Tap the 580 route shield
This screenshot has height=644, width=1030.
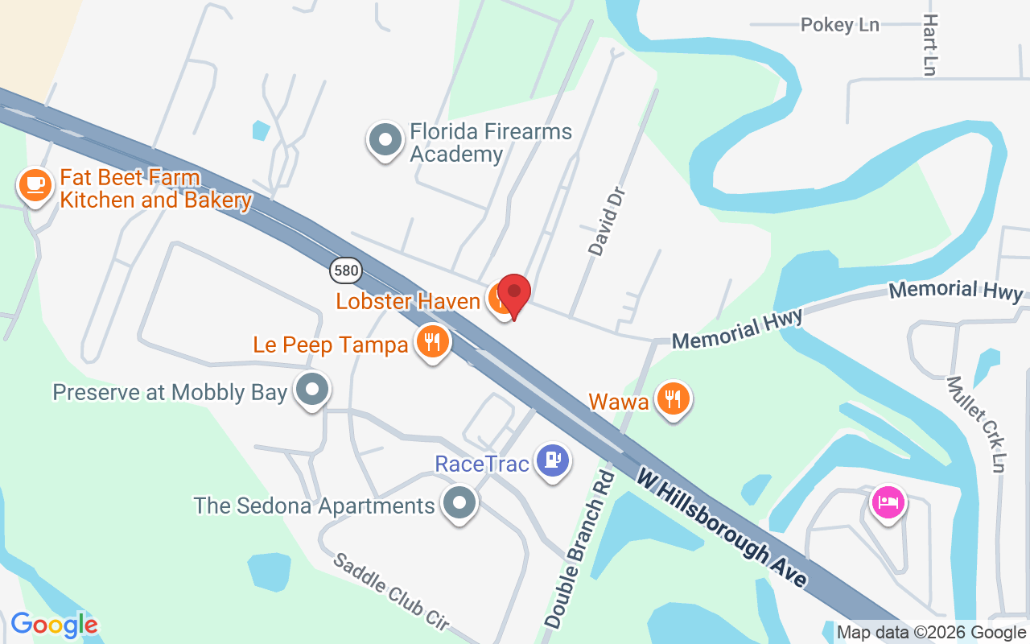pyautogui.click(x=345, y=270)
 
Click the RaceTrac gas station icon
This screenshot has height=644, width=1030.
pyautogui.click(x=553, y=461)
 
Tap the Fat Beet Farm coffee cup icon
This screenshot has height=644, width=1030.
pyautogui.click(x=35, y=185)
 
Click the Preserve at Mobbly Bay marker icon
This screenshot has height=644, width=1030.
pyautogui.click(x=312, y=390)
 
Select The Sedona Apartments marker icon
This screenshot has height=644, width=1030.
pyautogui.click(x=459, y=504)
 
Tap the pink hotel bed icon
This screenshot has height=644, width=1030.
pyautogui.click(x=888, y=503)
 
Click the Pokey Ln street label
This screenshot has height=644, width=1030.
pyautogui.click(x=839, y=25)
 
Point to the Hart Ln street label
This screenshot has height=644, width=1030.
pyautogui.click(x=931, y=45)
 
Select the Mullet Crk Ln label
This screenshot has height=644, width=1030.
pyautogui.click(x=977, y=424)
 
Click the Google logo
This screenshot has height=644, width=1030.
pyautogui.click(x=54, y=625)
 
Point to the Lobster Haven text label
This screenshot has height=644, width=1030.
pyautogui.click(x=408, y=301)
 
